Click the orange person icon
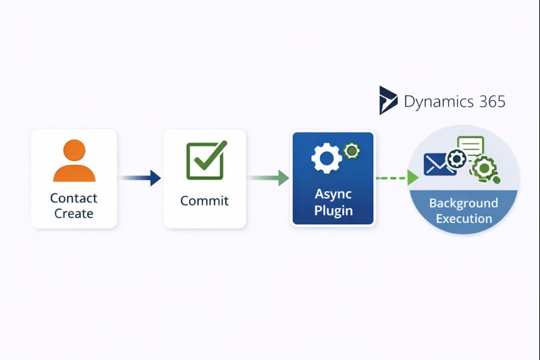pos(74,161)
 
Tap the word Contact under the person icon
pos(74,198)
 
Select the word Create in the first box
pos(74,213)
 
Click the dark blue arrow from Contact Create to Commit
pos(140,178)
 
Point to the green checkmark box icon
pos(205,160)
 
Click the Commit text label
pos(205,201)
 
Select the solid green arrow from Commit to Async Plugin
pos(269,178)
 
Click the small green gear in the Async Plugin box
pos(350,151)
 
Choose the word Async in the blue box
pos(333,194)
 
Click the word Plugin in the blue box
pos(333,211)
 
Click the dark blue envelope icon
pos(437,164)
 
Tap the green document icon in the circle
pos(470,146)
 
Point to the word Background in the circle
pos(464,203)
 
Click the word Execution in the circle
pos(464,218)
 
